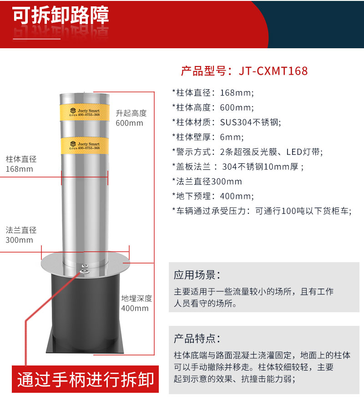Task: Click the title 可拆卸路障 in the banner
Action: (61, 16)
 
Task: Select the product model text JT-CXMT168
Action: (244, 71)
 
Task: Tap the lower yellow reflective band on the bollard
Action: (85, 144)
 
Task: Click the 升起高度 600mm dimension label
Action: (131, 118)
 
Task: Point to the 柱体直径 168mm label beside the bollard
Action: (21, 164)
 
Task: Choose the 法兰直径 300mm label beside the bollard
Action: (21, 235)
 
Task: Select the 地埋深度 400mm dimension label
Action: (136, 303)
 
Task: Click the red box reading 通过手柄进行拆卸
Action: (86, 379)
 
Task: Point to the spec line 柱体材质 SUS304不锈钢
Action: (227, 122)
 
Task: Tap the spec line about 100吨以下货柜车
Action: (262, 211)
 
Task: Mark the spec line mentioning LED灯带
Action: (248, 152)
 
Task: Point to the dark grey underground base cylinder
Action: (85, 309)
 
